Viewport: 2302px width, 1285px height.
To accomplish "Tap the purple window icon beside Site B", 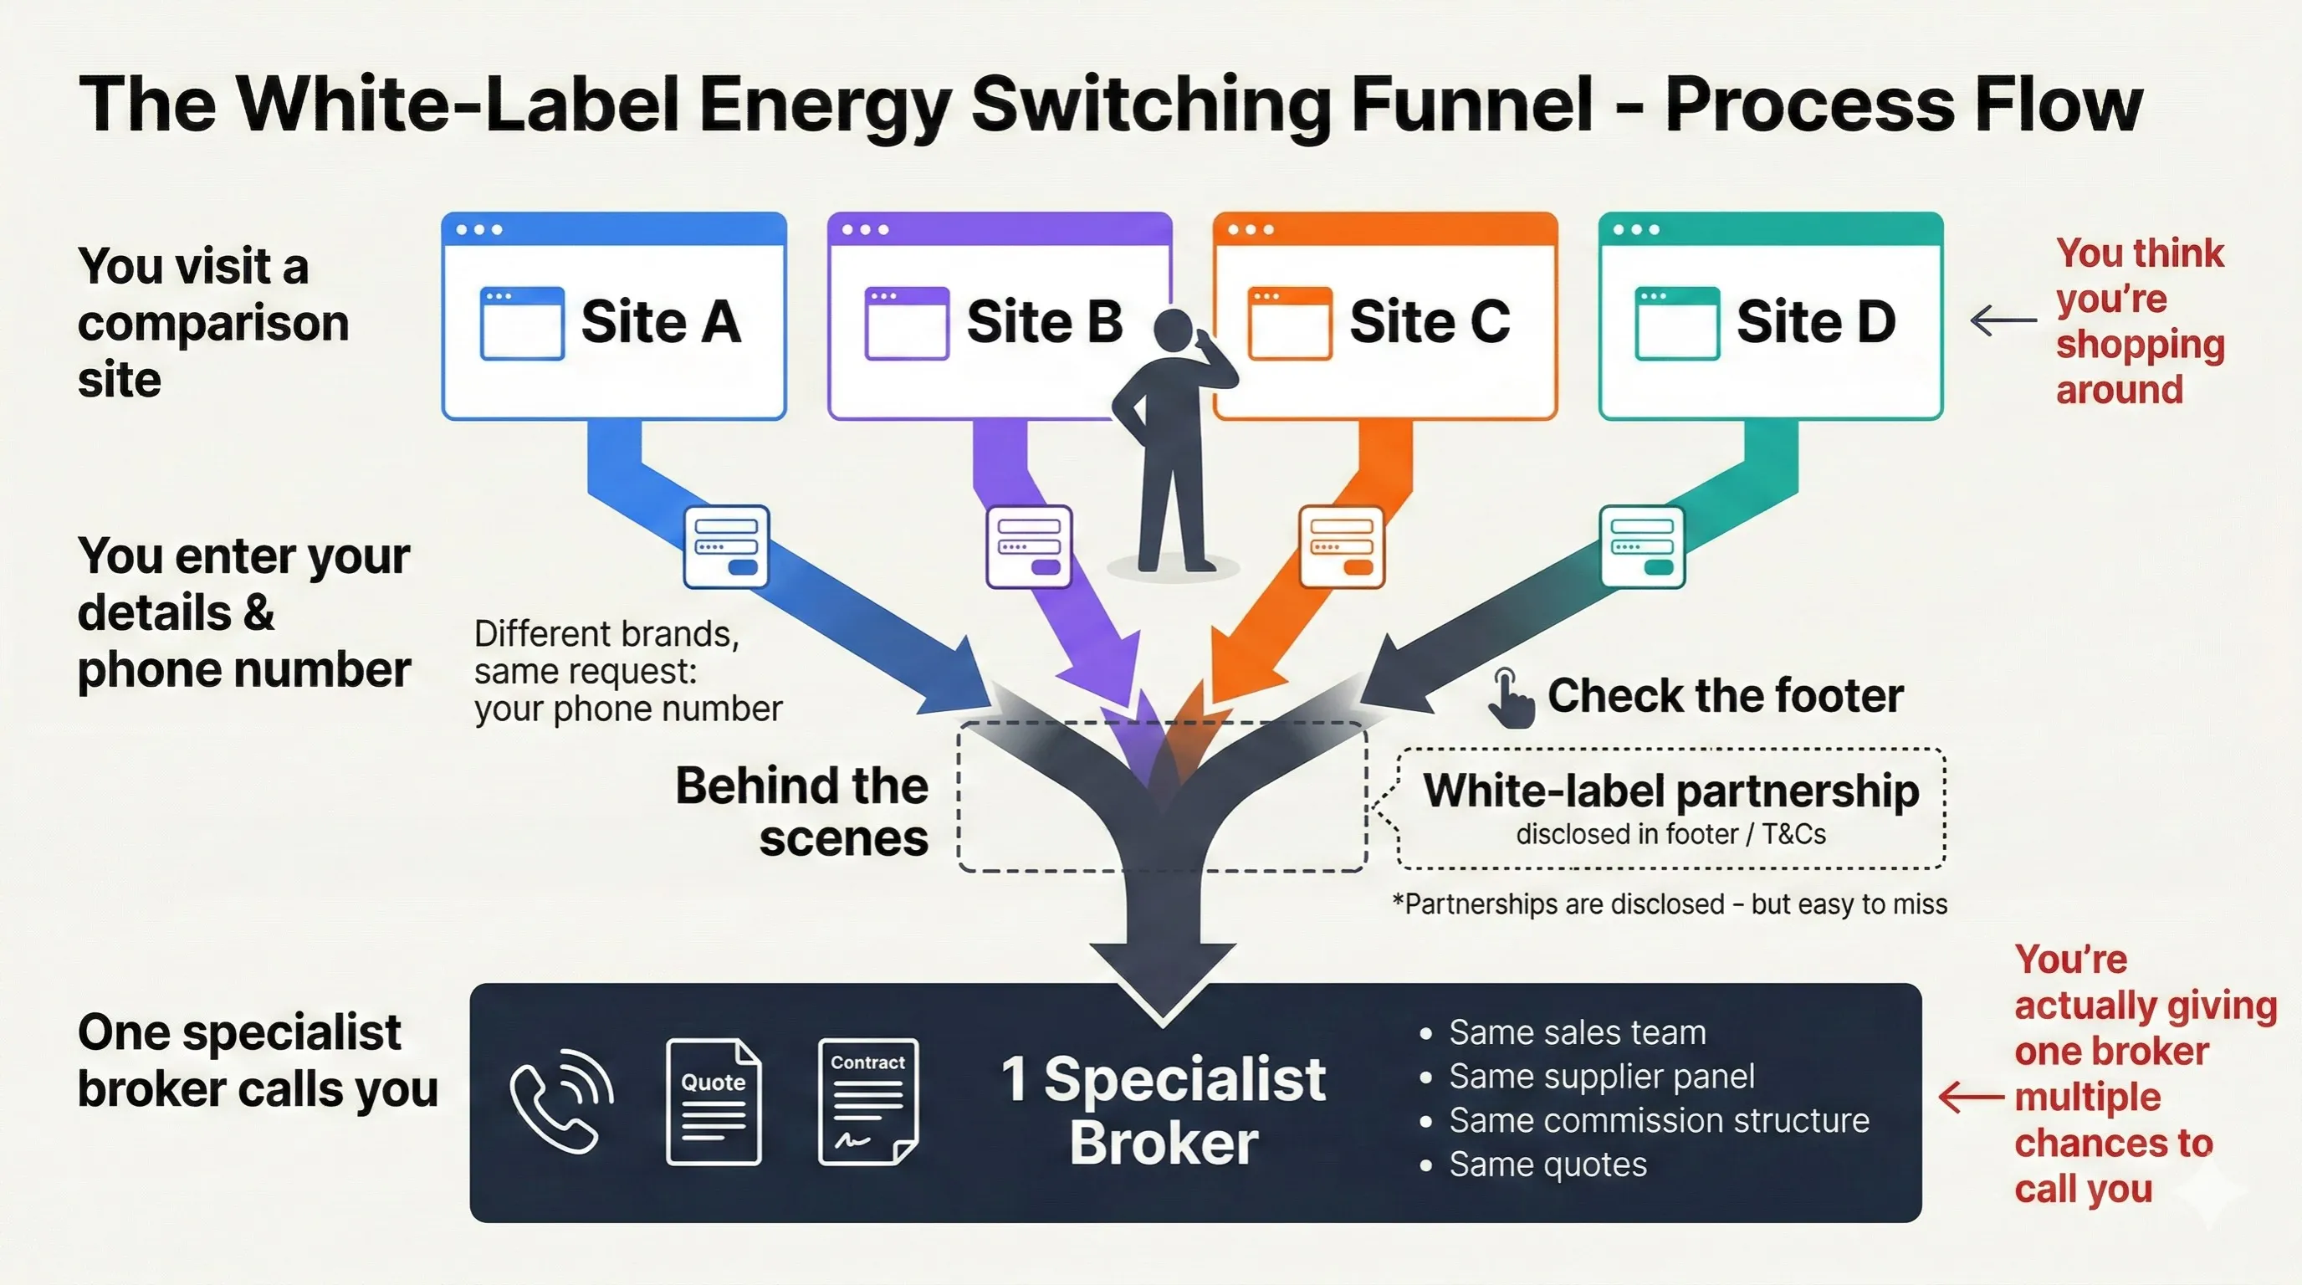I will (906, 323).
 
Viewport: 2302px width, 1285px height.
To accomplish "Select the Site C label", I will (1429, 322).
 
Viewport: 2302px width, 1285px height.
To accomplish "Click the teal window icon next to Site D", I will (1676, 323).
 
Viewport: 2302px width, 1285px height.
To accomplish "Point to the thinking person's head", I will (1173, 329).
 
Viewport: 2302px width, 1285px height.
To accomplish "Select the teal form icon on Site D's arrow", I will (1642, 546).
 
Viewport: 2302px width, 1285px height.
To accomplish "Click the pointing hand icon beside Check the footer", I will (1509, 698).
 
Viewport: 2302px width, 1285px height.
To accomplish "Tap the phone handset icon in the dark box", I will (560, 1101).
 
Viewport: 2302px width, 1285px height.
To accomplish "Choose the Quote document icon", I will (714, 1101).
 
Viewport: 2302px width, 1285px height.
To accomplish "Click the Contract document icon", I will (867, 1101).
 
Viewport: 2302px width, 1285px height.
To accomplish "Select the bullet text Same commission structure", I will (1659, 1120).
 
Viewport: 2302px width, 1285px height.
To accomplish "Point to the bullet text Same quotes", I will (1547, 1165).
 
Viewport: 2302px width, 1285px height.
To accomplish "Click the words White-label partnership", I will (1670, 791).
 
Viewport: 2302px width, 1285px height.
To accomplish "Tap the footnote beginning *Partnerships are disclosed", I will (1670, 904).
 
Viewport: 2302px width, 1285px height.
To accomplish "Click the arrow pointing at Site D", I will (2003, 320).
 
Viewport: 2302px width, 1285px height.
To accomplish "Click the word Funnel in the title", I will (1471, 105).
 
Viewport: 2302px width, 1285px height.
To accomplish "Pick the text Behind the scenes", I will (801, 811).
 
